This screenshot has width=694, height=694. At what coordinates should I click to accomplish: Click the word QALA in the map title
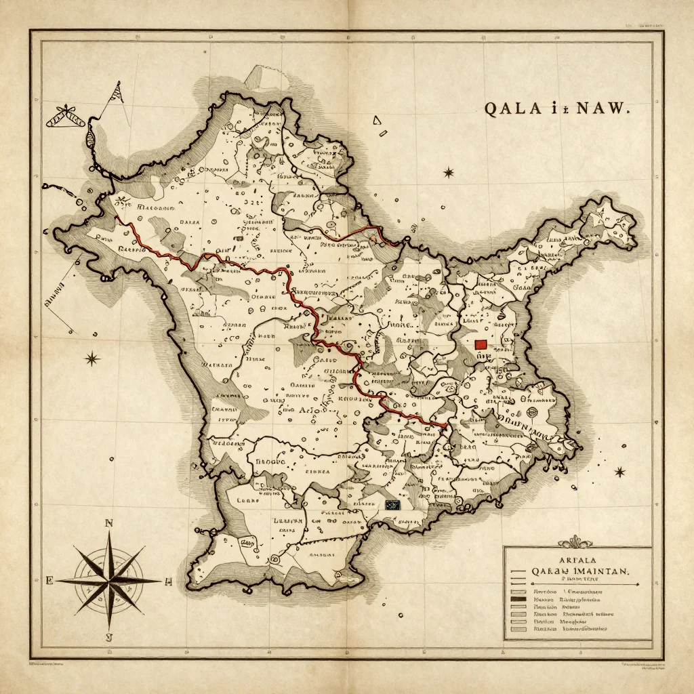(x=510, y=110)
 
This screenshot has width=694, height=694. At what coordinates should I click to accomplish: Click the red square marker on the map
(x=481, y=344)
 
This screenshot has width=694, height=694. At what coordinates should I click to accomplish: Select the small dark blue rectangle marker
(x=392, y=505)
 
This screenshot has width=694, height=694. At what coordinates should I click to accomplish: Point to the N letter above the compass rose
(x=108, y=523)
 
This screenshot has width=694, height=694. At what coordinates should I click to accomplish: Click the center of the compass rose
(x=108, y=581)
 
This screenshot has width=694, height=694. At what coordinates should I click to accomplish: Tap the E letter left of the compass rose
(x=49, y=581)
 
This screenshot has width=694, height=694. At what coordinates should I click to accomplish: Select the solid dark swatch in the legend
(x=518, y=600)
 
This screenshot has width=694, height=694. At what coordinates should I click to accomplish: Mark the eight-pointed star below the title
(x=448, y=173)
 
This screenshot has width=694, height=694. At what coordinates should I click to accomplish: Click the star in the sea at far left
(x=91, y=359)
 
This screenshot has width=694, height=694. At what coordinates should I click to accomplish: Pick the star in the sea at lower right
(x=619, y=472)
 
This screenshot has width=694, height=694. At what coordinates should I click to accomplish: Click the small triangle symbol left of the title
(x=376, y=121)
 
